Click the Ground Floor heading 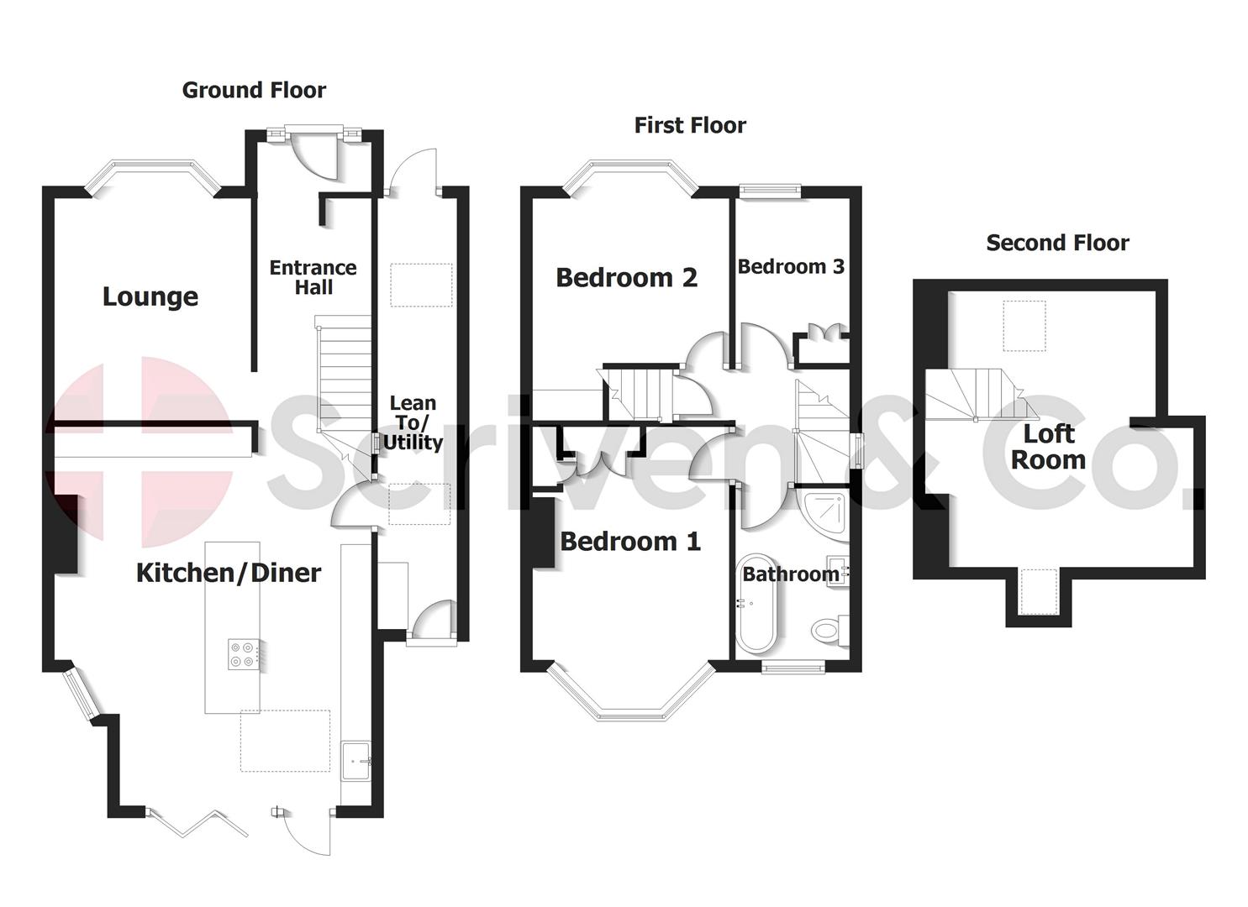254,91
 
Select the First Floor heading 689,126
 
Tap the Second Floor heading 1056,244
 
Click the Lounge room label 150,296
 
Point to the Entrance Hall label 313,277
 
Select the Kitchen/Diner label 229,573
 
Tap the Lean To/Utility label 413,422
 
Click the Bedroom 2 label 626,278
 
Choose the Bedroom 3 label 790,267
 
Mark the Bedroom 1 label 629,542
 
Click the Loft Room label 1048,447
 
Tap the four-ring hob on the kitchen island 242,655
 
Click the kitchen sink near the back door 356,761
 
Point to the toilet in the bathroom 829,630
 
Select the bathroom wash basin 837,571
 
